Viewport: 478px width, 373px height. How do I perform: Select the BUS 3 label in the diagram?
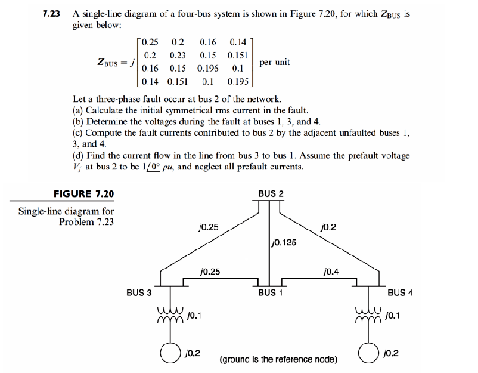139,292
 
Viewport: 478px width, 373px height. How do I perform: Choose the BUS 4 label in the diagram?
400,292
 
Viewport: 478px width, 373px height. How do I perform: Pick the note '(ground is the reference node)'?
278,359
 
